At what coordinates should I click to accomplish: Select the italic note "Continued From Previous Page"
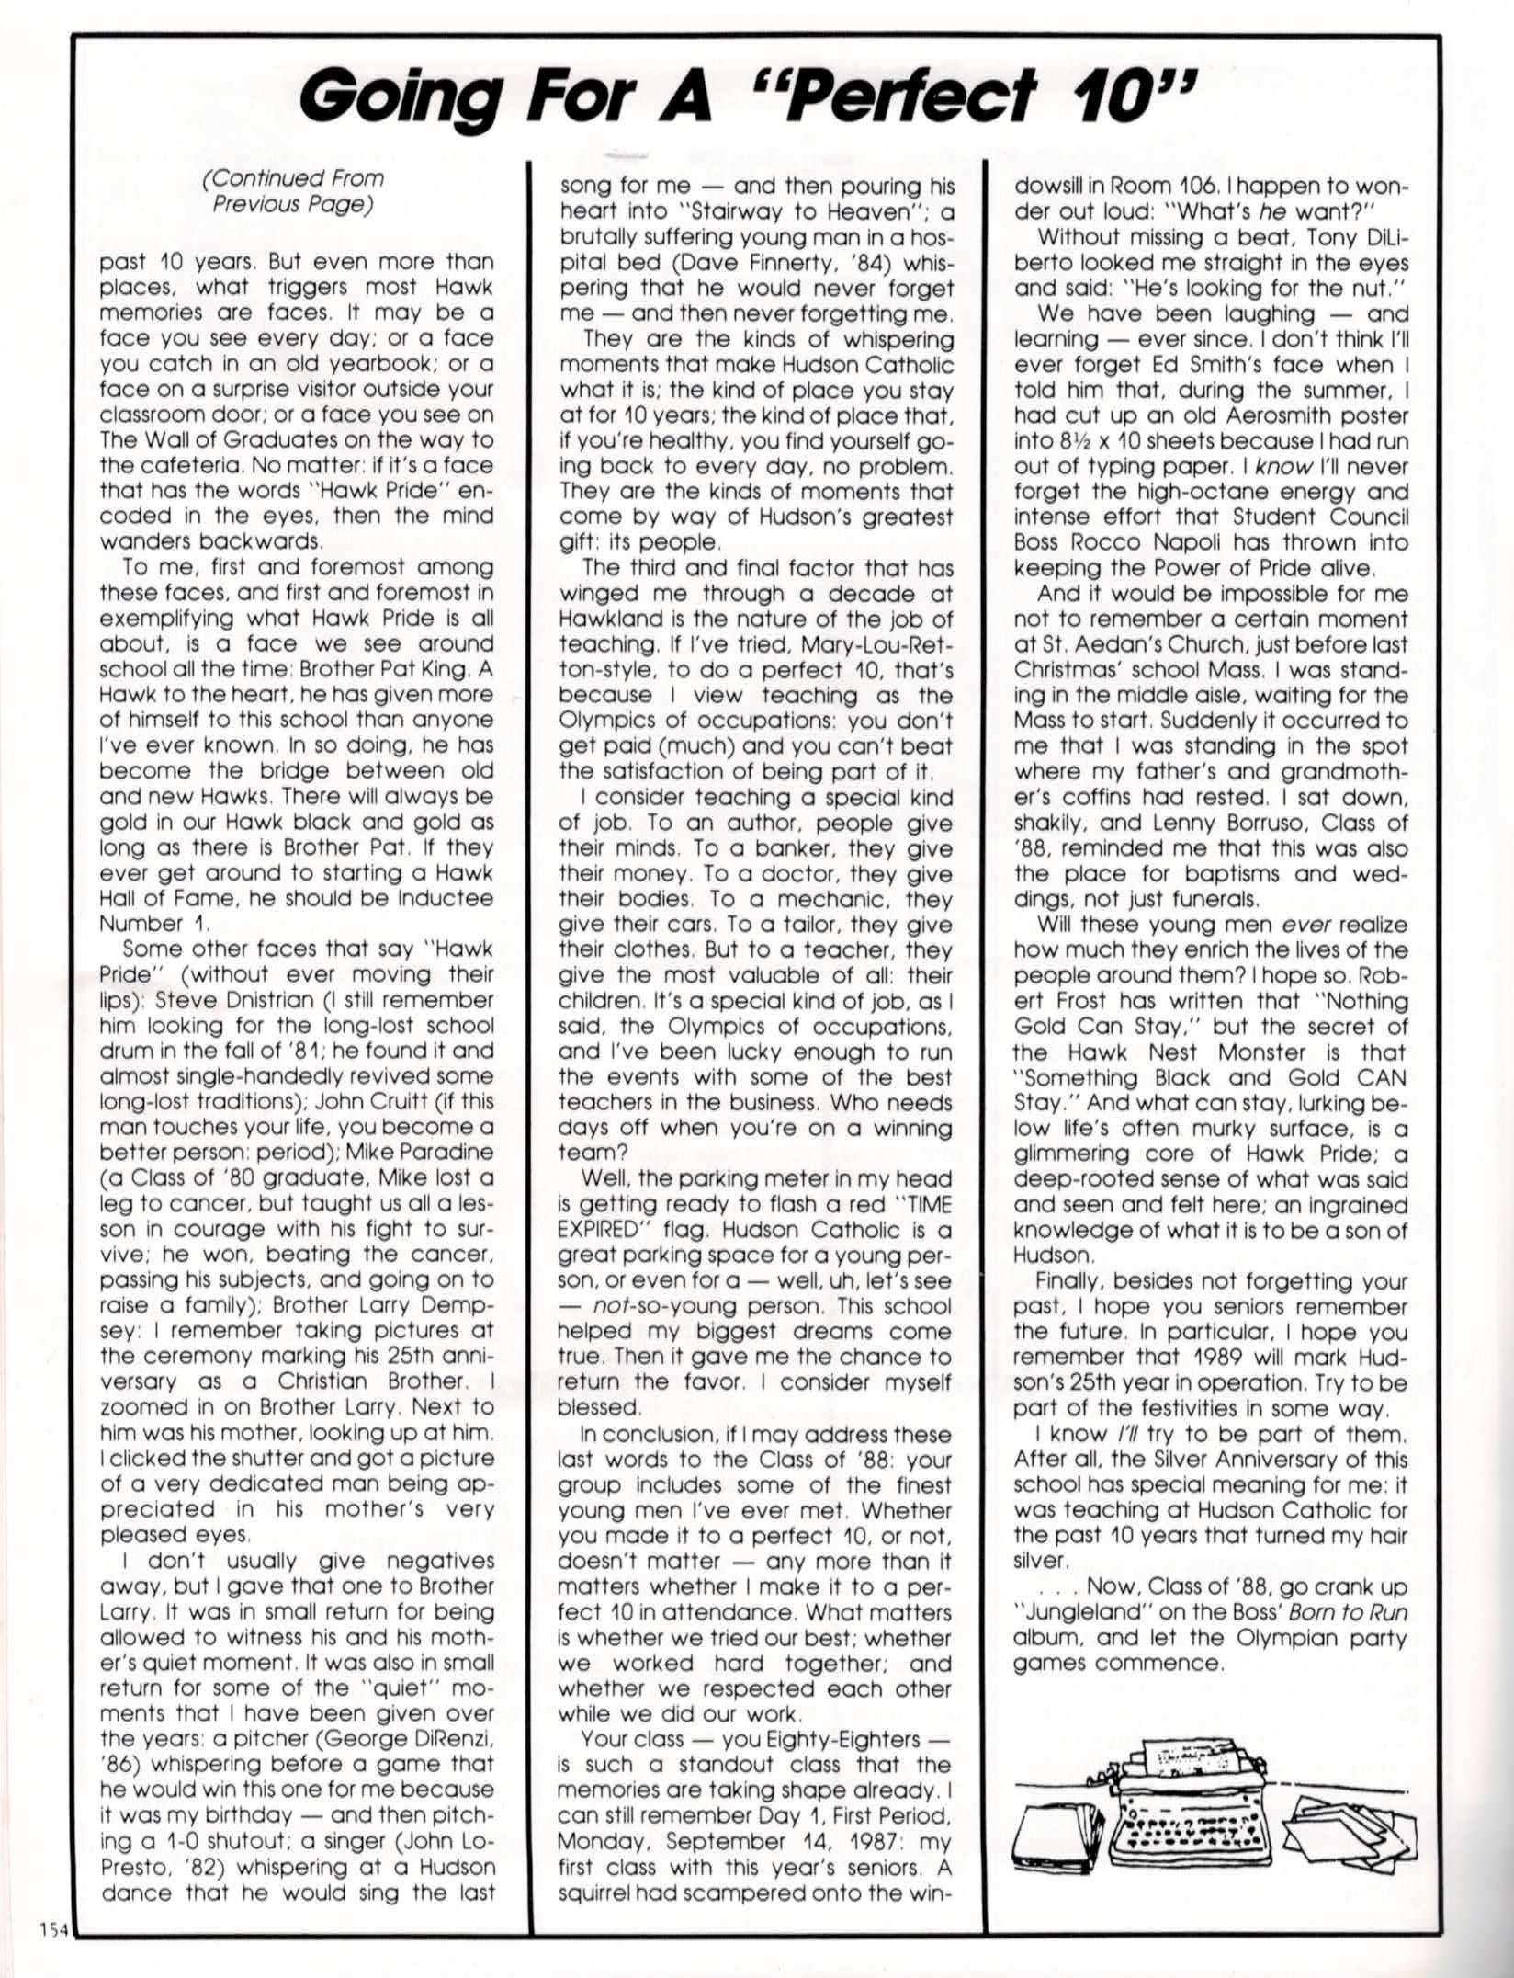tap(293, 190)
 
